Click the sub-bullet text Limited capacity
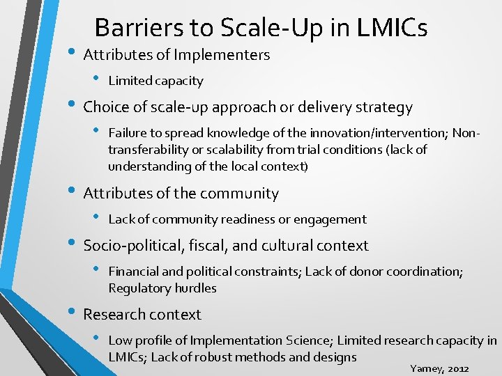pyautogui.click(x=155, y=81)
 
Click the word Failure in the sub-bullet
pyautogui.click(x=126, y=133)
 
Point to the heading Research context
pyautogui.click(x=142, y=315)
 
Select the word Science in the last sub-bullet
pyautogui.click(x=307, y=340)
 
